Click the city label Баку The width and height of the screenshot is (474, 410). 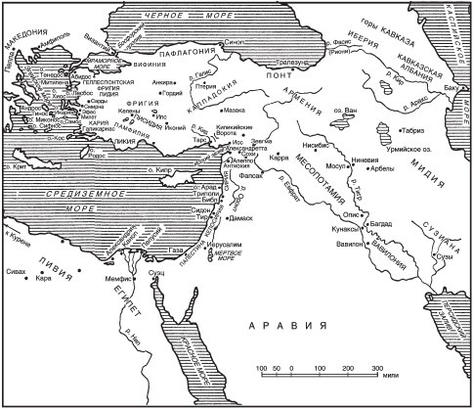click(450, 89)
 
